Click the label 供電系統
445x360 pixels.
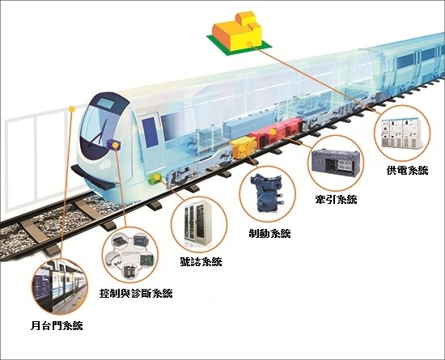click(x=407, y=171)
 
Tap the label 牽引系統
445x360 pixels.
click(x=336, y=200)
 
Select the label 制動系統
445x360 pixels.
click(x=269, y=233)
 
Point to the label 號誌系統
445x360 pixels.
click(x=201, y=261)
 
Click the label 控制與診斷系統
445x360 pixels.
click(x=136, y=293)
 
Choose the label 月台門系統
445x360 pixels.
click(x=57, y=325)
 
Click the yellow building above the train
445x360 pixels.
click(x=239, y=32)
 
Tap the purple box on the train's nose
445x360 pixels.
click(x=113, y=145)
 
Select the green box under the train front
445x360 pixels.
click(x=155, y=179)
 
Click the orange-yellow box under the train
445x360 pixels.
click(x=244, y=147)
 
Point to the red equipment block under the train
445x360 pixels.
click(x=276, y=133)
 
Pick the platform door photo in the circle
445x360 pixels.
click(x=59, y=286)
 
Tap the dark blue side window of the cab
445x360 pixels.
click(x=150, y=133)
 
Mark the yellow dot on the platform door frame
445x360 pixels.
click(x=72, y=108)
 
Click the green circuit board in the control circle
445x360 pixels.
click(x=148, y=260)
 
